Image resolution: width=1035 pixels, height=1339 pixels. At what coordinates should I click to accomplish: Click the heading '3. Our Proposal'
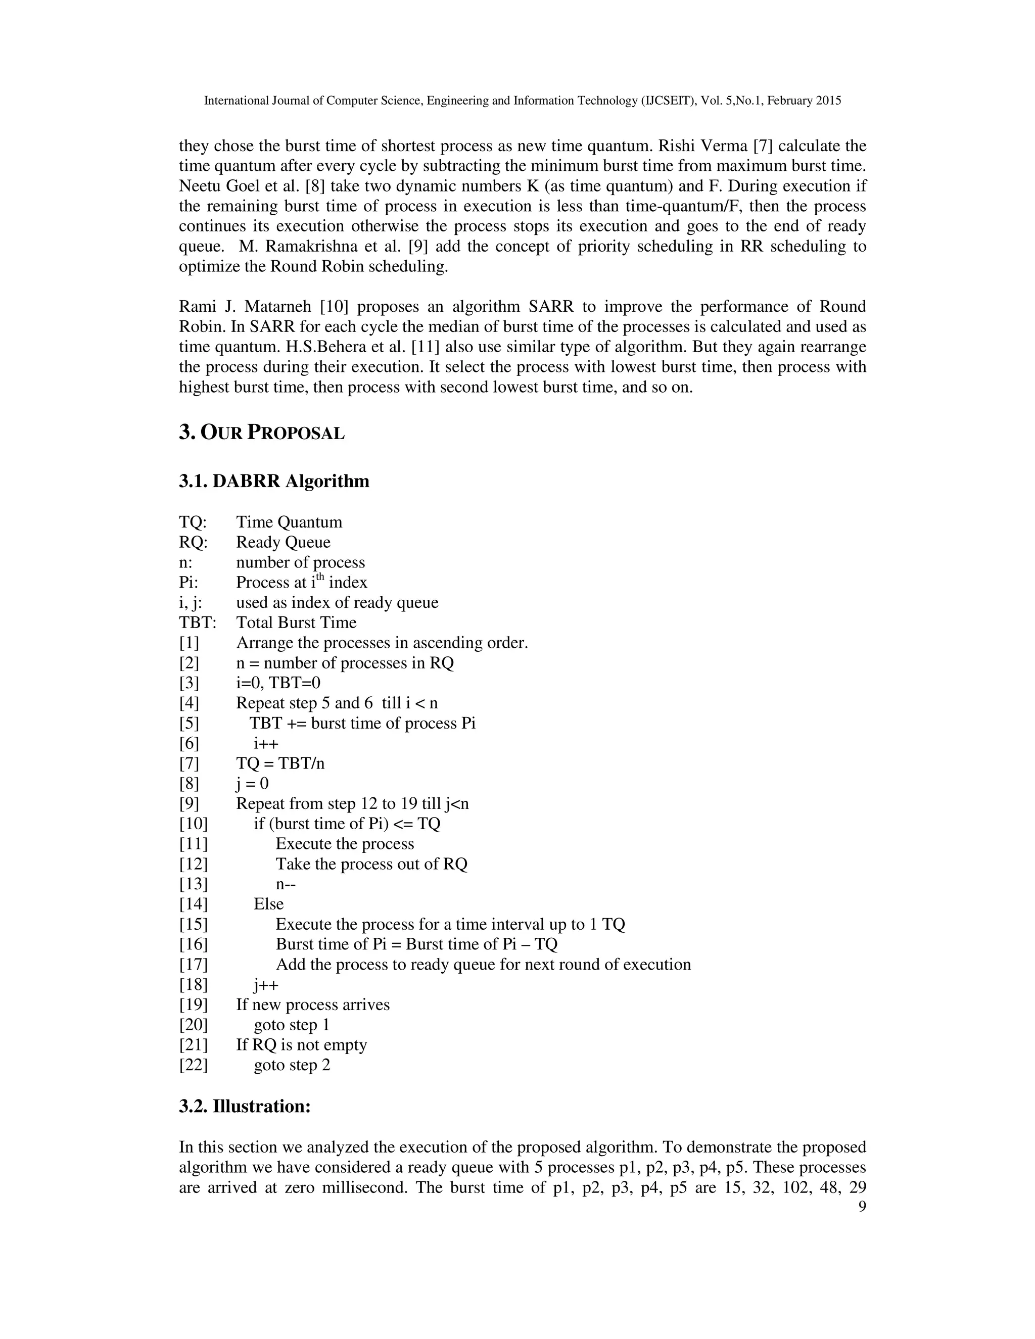click(x=262, y=433)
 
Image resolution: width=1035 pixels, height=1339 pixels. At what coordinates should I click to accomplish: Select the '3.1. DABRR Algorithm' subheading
click(x=274, y=481)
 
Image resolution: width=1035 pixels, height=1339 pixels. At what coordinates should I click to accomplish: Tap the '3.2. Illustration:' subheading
click(x=245, y=1107)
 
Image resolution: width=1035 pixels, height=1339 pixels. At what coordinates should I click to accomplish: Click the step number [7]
click(x=189, y=763)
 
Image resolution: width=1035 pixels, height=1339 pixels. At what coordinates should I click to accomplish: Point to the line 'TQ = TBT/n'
click(x=280, y=763)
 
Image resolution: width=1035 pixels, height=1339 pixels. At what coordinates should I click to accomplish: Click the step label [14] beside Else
click(x=193, y=904)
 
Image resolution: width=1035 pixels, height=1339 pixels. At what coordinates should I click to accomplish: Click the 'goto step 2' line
click(x=292, y=1065)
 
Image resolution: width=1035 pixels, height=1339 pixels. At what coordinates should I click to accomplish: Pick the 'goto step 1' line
click(x=292, y=1025)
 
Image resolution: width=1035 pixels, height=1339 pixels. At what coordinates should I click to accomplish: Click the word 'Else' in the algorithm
click(x=268, y=904)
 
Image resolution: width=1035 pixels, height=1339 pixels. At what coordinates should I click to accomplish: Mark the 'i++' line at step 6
click(x=266, y=744)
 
